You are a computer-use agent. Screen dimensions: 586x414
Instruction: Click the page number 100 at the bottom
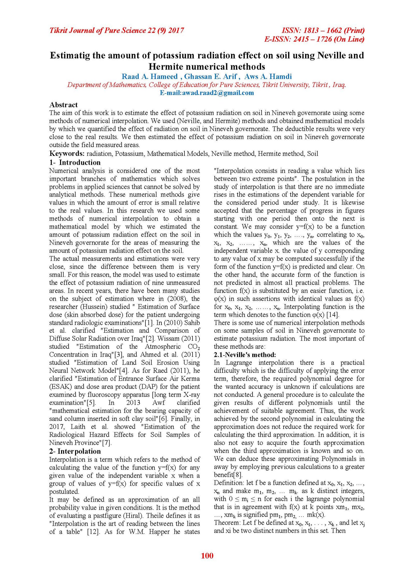click(207, 555)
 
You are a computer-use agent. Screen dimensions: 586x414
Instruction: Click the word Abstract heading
click(63, 105)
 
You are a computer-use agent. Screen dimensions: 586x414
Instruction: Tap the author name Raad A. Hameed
click(150, 77)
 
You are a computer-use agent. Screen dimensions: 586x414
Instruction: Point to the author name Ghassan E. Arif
click(211, 77)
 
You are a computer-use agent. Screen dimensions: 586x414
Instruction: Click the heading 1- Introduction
click(75, 163)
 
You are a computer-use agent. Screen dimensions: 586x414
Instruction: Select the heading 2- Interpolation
click(75, 451)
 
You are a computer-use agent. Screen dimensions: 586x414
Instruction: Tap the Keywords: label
click(67, 154)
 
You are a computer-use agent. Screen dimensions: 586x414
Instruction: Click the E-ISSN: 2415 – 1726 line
click(314, 39)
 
